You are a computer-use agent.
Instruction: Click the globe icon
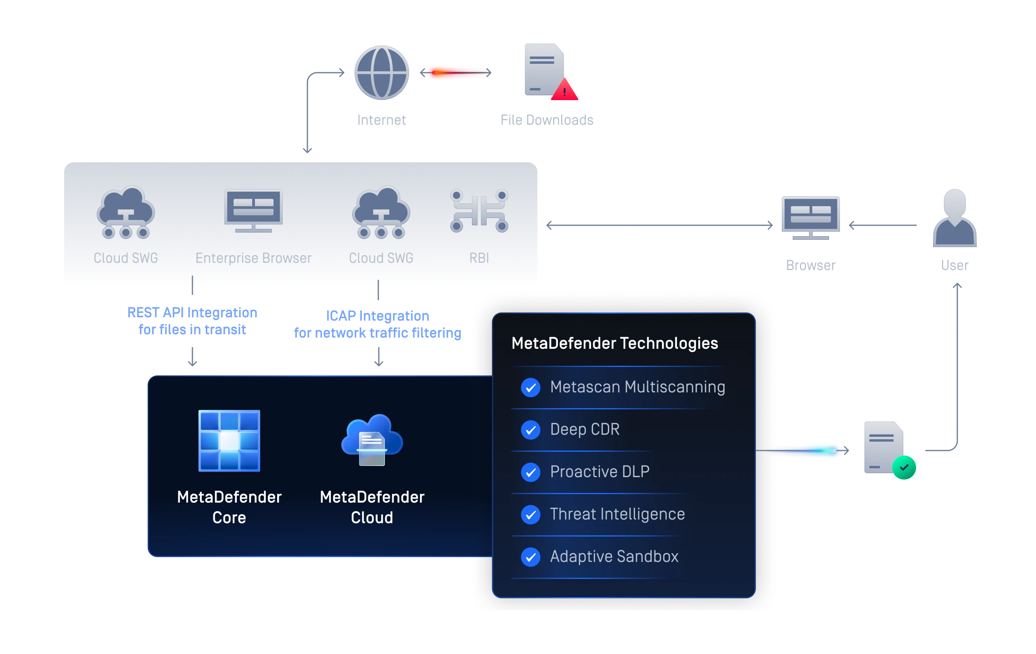point(381,73)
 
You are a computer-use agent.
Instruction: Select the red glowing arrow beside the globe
point(459,72)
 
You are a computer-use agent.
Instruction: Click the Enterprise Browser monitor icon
point(253,210)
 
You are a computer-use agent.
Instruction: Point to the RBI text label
point(479,258)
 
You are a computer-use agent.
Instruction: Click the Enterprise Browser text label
point(253,258)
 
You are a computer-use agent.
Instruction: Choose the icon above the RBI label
point(479,210)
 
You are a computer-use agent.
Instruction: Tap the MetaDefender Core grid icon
point(229,440)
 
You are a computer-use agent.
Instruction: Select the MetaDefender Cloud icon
point(372,440)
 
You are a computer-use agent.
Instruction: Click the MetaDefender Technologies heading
point(614,343)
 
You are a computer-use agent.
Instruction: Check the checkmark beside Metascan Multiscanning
point(531,388)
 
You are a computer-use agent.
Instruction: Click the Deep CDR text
point(585,429)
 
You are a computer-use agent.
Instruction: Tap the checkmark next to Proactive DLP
point(531,472)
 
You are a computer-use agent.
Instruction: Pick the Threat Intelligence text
point(617,514)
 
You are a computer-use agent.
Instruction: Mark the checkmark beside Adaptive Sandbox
point(531,557)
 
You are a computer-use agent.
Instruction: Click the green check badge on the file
point(904,467)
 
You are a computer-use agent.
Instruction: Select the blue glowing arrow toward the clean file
point(803,451)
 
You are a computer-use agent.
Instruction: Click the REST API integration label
point(192,321)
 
